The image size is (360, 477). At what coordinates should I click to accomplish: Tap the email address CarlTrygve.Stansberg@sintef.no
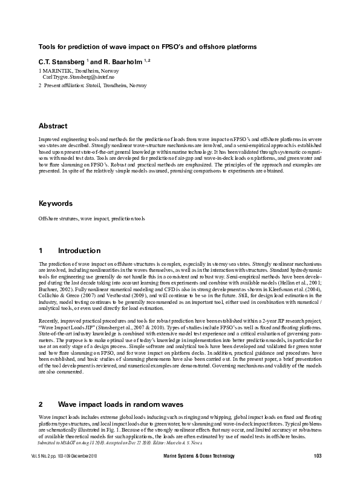78,78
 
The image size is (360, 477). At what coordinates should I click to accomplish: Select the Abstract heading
53,126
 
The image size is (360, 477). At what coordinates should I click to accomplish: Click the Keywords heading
56,203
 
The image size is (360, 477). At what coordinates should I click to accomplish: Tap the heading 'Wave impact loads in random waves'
129,404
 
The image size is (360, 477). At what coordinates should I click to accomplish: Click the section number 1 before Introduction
41,251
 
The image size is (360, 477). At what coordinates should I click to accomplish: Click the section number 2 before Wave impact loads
41,404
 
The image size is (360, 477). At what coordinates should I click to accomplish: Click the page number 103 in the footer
317,455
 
